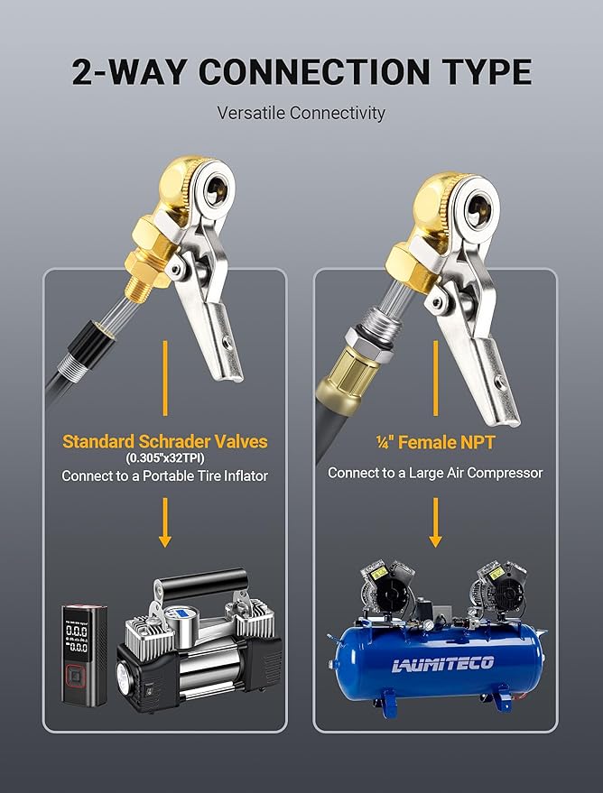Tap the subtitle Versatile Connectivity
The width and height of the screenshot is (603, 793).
tap(301, 113)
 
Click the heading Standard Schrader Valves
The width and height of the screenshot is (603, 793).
tap(165, 441)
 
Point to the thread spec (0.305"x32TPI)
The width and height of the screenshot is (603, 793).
tap(165, 458)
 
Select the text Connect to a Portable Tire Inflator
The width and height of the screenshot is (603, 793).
tap(165, 476)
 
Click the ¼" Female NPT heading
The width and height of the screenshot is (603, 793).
tap(435, 443)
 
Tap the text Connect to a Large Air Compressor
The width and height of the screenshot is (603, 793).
tap(435, 473)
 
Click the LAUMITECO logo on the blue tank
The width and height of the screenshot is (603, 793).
tap(443, 663)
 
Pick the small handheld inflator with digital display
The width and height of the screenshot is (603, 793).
tap(84, 655)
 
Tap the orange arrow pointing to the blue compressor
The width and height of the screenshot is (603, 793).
tap(435, 522)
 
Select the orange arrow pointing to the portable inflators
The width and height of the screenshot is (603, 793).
tap(165, 522)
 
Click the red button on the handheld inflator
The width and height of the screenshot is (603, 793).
tap(76, 675)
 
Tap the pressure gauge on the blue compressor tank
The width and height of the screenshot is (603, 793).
tap(429, 624)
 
